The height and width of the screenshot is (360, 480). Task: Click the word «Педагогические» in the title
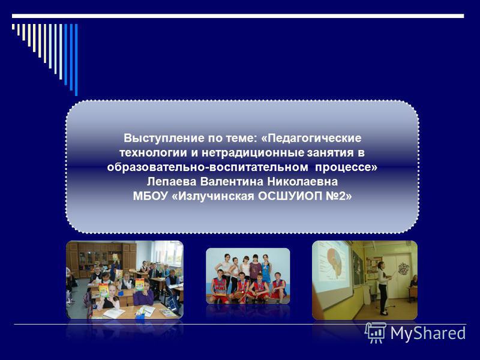[311, 139]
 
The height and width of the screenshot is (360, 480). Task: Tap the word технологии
[153, 152]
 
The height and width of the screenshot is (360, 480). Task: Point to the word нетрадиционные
[253, 152]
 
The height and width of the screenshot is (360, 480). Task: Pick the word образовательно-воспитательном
[208, 167]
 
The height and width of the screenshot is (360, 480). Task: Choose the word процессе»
[346, 167]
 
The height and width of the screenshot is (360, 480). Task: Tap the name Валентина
[232, 182]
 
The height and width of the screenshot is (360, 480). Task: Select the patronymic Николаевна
[302, 182]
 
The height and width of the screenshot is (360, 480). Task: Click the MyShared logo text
[428, 334]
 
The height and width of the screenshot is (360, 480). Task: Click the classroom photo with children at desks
[125, 280]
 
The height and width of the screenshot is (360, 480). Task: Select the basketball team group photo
[248, 276]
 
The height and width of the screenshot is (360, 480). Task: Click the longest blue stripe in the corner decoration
[76, 59]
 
